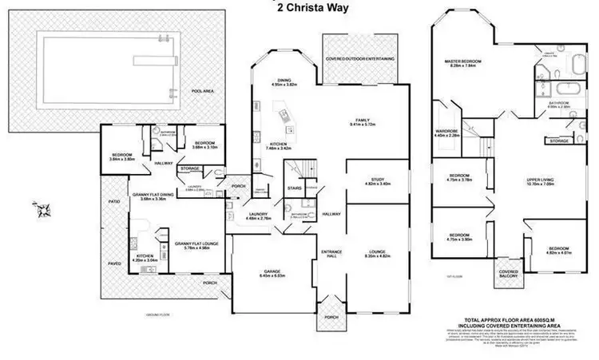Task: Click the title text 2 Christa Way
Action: click(299, 9)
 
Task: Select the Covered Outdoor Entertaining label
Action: click(360, 59)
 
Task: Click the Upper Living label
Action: click(529, 180)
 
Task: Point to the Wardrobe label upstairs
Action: click(446, 131)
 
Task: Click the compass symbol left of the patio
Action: click(43, 210)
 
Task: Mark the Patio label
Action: click(114, 201)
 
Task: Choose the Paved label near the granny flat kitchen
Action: click(113, 262)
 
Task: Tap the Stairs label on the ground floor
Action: click(293, 188)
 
